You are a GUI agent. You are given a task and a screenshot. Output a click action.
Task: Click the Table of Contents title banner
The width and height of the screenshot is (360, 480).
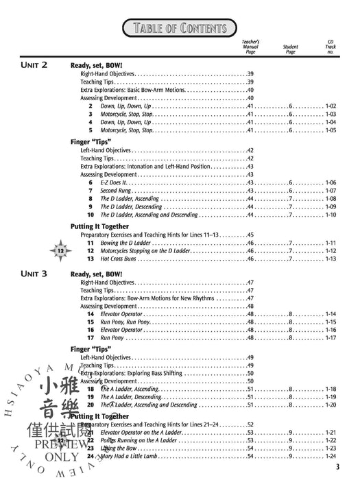(180, 27)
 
